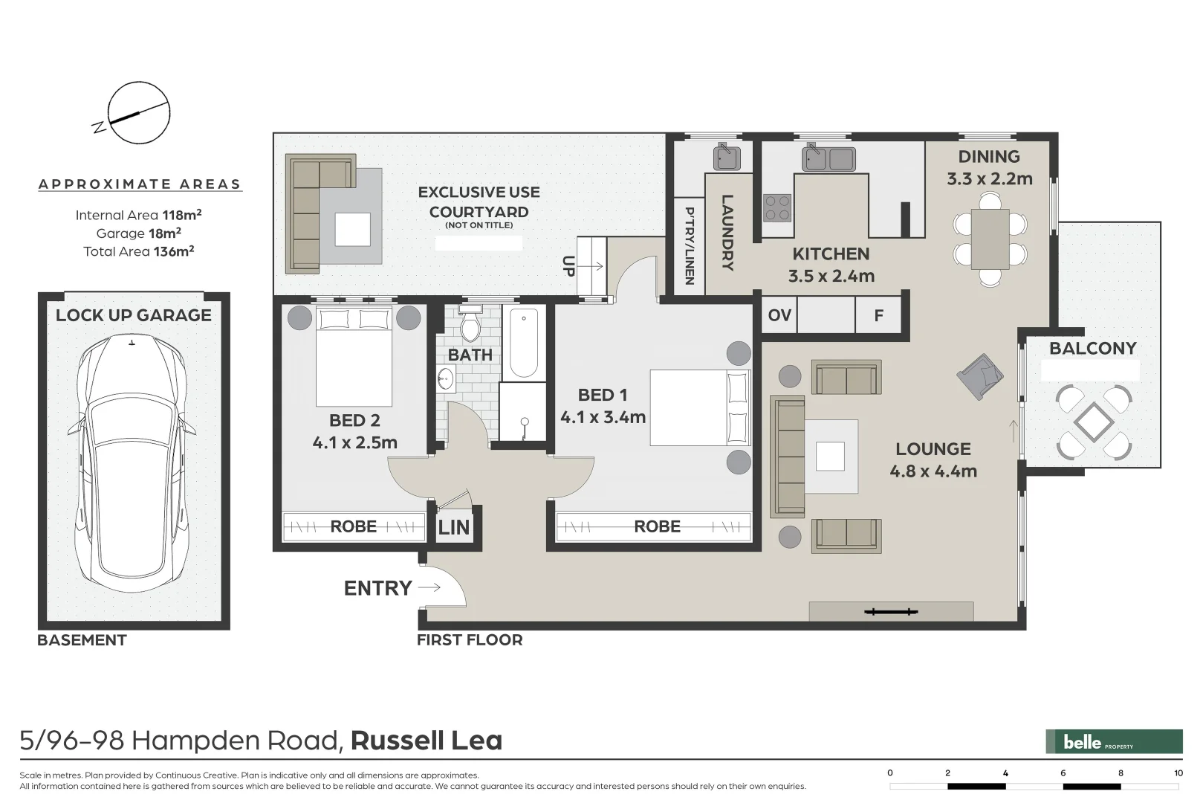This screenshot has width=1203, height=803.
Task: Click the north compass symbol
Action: coord(138,113)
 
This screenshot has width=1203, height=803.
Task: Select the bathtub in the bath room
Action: coord(524,344)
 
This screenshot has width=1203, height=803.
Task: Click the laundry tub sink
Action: coord(727,158)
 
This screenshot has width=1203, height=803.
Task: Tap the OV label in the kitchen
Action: coord(779,315)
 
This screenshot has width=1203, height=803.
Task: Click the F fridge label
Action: coord(878,316)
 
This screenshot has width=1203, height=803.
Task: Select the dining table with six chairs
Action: coord(990,239)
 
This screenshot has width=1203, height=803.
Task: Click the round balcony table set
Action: coord(1094,422)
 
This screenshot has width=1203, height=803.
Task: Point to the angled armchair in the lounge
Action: coord(981,375)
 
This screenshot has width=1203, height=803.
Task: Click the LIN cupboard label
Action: coord(453,528)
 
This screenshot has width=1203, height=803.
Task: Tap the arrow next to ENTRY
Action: coord(429,587)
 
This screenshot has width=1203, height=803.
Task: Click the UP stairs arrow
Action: coord(591,265)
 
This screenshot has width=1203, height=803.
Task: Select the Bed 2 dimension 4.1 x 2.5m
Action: coord(354,442)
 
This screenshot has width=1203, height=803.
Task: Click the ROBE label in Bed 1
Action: coord(657,526)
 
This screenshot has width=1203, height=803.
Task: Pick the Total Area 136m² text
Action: coord(139,251)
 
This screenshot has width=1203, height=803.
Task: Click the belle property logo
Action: coord(1114,741)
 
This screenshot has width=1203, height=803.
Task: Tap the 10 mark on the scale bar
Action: coord(1178,773)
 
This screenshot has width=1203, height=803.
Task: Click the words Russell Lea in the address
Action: coord(427,741)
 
